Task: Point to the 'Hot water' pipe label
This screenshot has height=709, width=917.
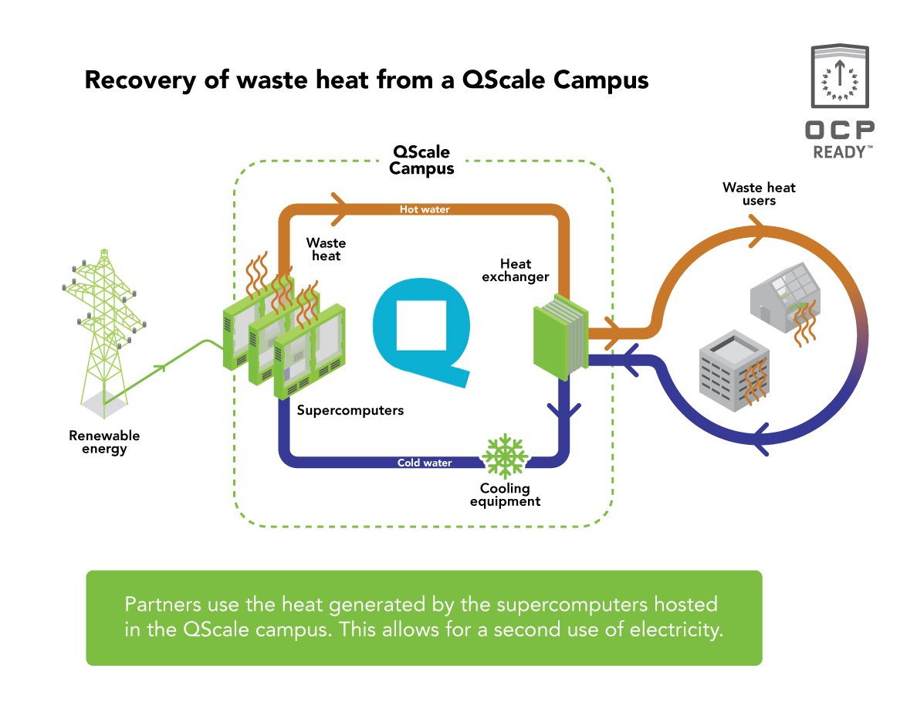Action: tap(424, 209)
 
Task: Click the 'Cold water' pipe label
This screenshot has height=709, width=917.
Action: tap(424, 463)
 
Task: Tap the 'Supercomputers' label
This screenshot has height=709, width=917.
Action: tap(350, 410)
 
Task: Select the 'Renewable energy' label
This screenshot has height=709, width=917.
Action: tap(104, 443)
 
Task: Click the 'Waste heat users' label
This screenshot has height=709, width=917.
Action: tap(758, 193)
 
